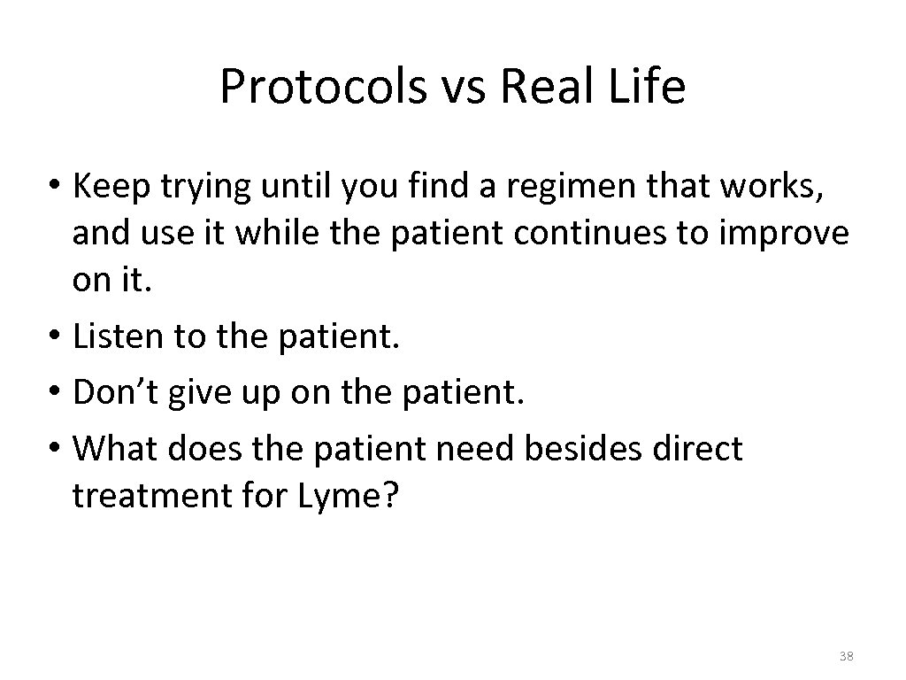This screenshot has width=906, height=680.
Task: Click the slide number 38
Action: [845, 656]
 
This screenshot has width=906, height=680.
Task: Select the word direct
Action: [698, 449]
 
